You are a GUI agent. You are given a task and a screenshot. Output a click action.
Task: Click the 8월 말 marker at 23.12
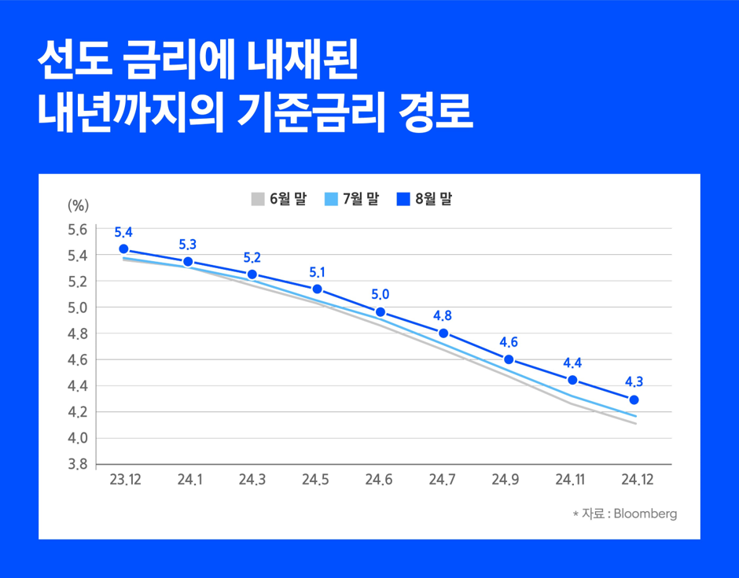(x=123, y=249)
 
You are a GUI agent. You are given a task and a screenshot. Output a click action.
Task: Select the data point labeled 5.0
(x=381, y=312)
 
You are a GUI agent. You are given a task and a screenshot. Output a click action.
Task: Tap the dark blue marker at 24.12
(x=634, y=399)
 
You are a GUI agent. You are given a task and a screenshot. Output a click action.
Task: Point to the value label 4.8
(x=443, y=316)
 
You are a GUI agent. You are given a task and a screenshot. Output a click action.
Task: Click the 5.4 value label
(x=123, y=232)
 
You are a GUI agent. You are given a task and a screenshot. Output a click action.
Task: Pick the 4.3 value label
(x=634, y=382)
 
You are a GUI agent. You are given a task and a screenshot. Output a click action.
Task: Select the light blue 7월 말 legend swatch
(x=331, y=199)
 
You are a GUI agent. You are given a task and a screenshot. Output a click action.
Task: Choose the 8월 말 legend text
(x=434, y=199)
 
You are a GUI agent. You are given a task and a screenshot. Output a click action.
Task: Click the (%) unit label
(x=78, y=205)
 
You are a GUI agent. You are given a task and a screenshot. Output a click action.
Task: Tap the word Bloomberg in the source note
(x=645, y=514)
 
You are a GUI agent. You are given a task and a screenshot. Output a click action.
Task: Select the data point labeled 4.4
(x=572, y=380)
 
